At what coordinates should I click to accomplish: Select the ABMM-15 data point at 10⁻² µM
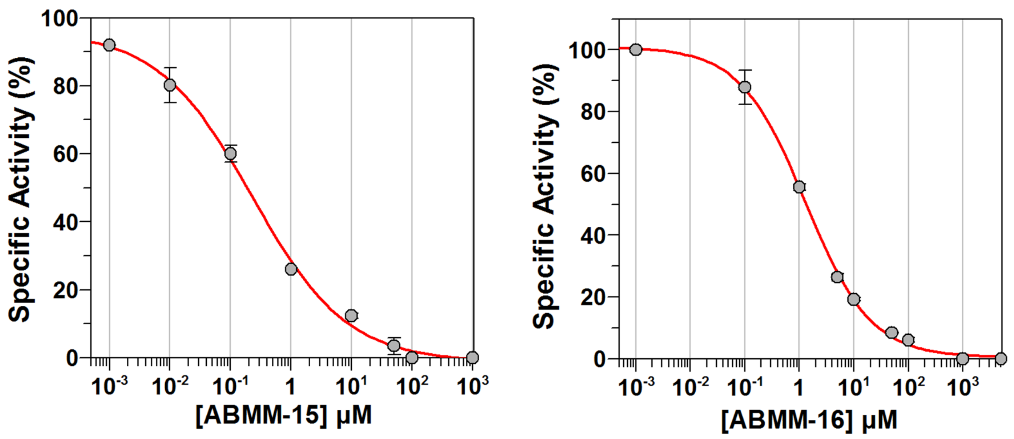[x=170, y=85]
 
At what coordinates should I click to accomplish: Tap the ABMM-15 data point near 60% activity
[x=231, y=153]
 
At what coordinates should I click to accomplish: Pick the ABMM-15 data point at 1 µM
[x=291, y=269]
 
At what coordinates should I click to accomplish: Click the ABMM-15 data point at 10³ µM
[x=472, y=357]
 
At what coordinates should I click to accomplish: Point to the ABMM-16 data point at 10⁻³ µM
[x=636, y=50]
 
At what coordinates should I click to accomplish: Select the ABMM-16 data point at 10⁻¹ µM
[x=745, y=87]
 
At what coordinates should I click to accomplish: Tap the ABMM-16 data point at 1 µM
[x=799, y=187]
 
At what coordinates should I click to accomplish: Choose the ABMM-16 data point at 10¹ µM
[x=853, y=299]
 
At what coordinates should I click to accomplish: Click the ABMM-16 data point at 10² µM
[x=908, y=340]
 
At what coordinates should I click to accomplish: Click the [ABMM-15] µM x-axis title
[x=283, y=415]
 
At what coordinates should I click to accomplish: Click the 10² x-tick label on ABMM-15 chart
[x=412, y=385]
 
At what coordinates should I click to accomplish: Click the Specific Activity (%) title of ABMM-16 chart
[x=545, y=197]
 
